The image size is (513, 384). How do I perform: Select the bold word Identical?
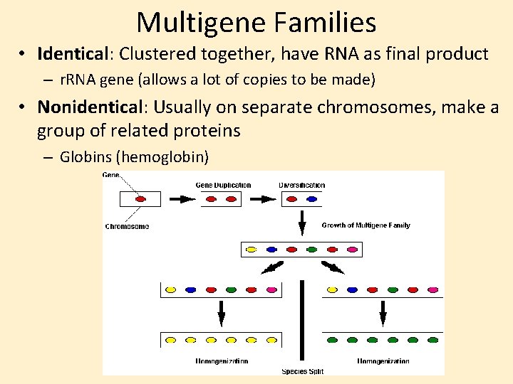point(71,54)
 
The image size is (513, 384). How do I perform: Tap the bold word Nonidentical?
point(90,107)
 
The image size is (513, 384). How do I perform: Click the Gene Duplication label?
point(223,186)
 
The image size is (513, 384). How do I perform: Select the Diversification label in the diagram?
point(302,186)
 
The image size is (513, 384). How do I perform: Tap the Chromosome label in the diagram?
point(127,227)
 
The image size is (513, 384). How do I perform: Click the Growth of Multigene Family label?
point(366,225)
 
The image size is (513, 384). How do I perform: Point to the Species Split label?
point(302,370)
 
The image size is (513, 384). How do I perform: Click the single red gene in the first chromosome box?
point(140,200)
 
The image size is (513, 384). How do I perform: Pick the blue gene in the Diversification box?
point(311,200)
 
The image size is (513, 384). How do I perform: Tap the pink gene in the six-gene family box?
point(352,250)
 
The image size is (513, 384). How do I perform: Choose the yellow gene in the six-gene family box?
point(251,250)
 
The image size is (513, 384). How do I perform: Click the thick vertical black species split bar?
point(302,320)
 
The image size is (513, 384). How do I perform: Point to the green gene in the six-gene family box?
point(311,250)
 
